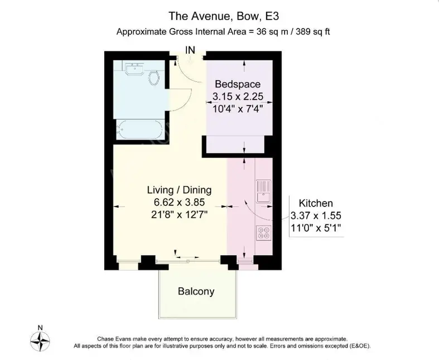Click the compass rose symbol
coord(40,341)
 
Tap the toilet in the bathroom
coord(154,78)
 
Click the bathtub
coord(139,129)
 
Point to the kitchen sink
coord(263,191)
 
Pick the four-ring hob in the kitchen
coord(263,233)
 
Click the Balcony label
coord(196,291)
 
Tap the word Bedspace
coord(238,84)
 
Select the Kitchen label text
coord(316,203)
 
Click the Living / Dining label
coord(179,190)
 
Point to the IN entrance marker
coord(190,50)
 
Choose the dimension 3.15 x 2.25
coord(238,97)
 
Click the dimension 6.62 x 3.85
coord(179,202)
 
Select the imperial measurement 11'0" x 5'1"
coord(316,228)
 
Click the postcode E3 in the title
coord(272,16)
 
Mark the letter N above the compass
coord(40,328)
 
